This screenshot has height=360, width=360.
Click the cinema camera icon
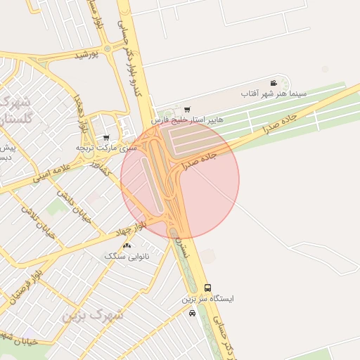(x=274, y=82)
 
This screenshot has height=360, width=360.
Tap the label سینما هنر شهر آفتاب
(x=274, y=93)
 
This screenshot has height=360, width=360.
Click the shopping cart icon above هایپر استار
(x=186, y=109)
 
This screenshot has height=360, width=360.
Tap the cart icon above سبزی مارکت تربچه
(x=105, y=138)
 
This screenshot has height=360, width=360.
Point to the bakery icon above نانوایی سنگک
(x=127, y=245)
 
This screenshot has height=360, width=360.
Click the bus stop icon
(x=207, y=288)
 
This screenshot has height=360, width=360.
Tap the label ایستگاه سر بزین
(x=208, y=299)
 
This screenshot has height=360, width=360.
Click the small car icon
(x=193, y=314)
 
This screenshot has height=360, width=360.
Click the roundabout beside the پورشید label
(x=107, y=49)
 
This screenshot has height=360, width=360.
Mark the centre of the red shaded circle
(x=180, y=180)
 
